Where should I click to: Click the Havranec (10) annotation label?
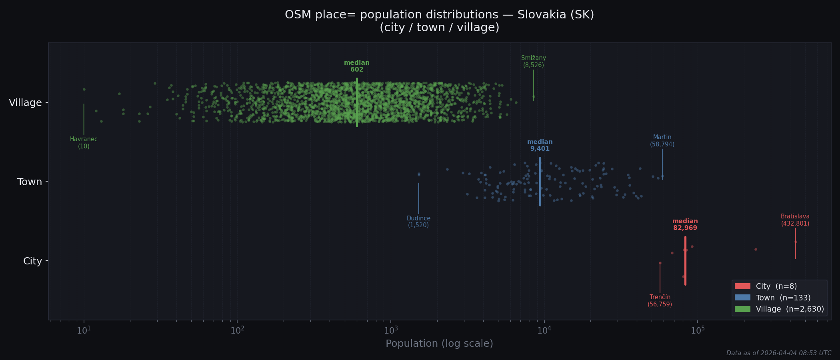(84, 143)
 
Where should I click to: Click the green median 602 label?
(357, 66)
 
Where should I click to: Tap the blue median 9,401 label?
(540, 145)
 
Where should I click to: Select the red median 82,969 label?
(685, 224)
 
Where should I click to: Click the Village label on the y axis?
(25, 103)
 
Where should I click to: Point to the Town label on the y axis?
(30, 182)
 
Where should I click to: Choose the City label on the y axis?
(32, 261)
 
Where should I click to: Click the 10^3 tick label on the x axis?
(391, 330)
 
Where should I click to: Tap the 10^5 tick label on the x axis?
(698, 330)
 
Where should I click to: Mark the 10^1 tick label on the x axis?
(84, 330)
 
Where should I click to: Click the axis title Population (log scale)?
(439, 344)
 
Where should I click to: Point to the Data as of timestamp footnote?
(778, 353)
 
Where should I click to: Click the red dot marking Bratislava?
(795, 242)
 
